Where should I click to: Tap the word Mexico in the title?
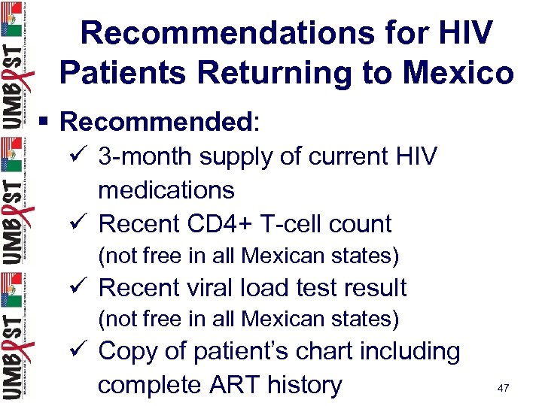pyautogui.click(x=458, y=73)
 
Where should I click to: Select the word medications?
pyautogui.click(x=166, y=189)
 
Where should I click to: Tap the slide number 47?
pyautogui.click(x=503, y=388)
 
